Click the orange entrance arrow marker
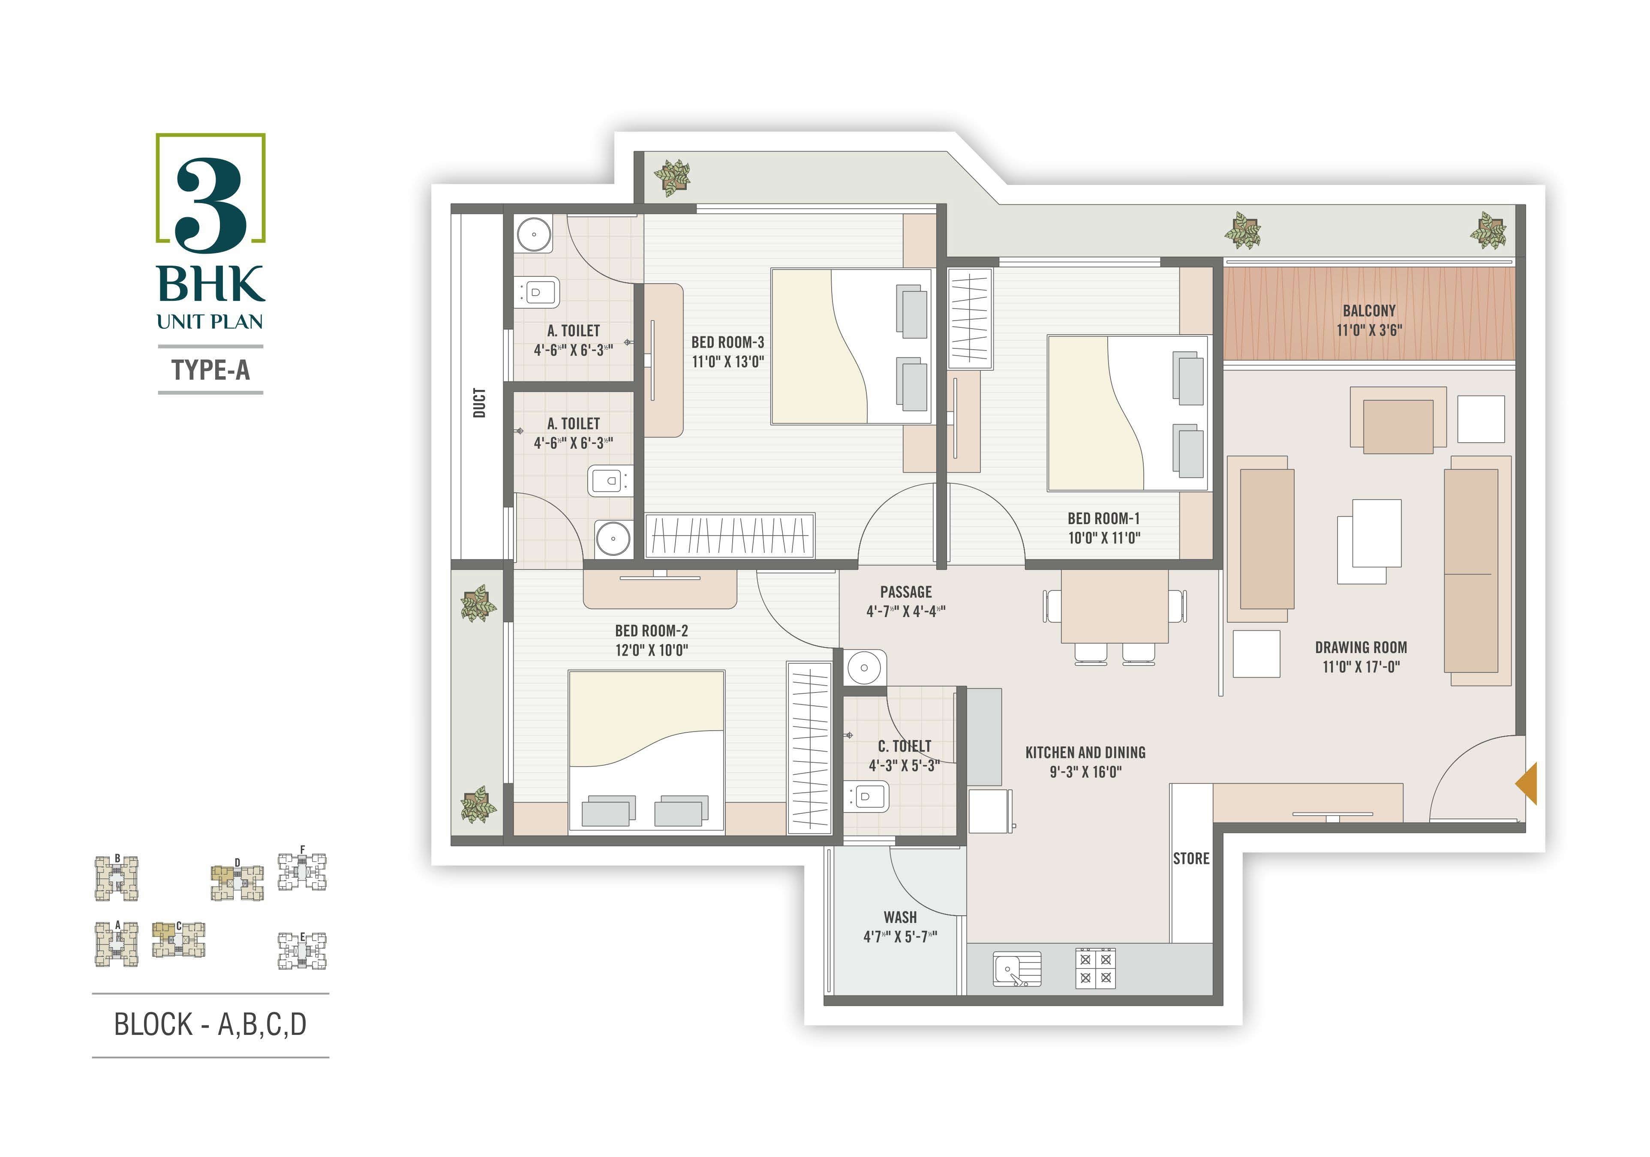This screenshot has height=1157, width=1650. click(1527, 784)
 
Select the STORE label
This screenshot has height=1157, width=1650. click(1191, 858)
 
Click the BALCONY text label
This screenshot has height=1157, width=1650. click(1369, 311)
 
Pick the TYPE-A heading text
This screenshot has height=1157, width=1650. click(210, 370)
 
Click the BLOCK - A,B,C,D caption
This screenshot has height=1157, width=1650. click(210, 1024)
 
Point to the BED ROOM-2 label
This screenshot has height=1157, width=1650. click(651, 631)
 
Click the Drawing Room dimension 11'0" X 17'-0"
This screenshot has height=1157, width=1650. click(1361, 666)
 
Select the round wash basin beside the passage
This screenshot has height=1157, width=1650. click(865, 667)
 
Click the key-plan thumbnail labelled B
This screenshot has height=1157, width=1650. click(117, 878)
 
